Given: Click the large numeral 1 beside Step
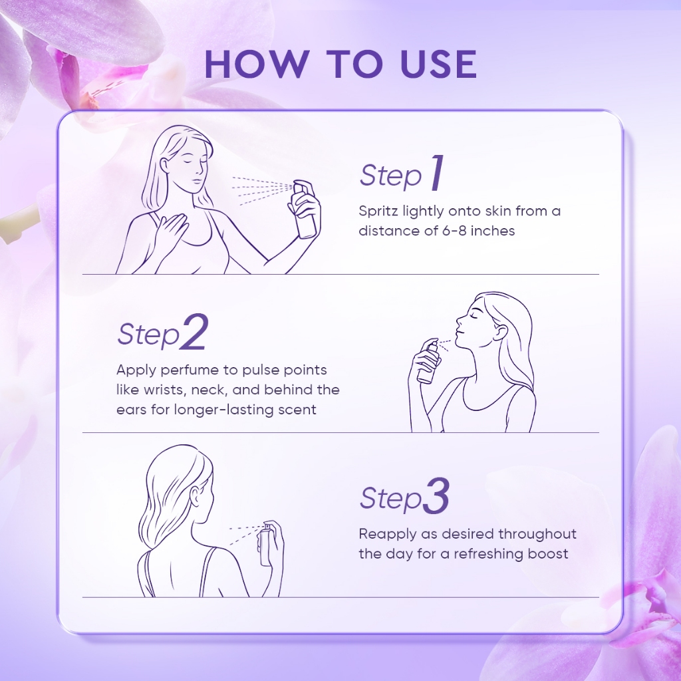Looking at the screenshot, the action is click(x=437, y=173).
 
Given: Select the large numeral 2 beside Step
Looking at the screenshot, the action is click(x=194, y=332).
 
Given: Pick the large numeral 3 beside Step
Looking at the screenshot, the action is click(x=435, y=496).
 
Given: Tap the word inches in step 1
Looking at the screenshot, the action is click(x=493, y=231).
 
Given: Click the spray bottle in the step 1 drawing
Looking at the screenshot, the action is click(x=305, y=209).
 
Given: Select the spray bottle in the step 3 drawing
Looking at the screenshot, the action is click(x=265, y=545).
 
